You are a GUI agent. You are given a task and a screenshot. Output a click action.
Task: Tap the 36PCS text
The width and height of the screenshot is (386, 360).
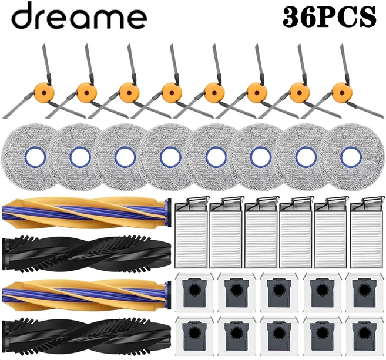(330, 17)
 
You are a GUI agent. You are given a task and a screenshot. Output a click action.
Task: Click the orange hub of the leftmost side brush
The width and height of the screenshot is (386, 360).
(44, 93)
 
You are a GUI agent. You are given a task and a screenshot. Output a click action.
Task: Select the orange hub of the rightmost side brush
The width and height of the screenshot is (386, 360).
(342, 93)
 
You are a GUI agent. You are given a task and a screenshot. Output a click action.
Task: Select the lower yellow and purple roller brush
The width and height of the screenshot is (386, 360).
(86, 295)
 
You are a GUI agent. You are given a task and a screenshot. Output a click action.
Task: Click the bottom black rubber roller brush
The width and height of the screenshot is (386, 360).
(86, 337)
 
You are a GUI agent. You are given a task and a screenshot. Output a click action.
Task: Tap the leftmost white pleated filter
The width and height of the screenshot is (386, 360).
(192, 232)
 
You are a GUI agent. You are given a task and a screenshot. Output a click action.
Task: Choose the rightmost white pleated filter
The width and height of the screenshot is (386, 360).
(367, 232)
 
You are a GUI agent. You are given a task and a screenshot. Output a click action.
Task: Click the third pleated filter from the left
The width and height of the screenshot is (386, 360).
(262, 232)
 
